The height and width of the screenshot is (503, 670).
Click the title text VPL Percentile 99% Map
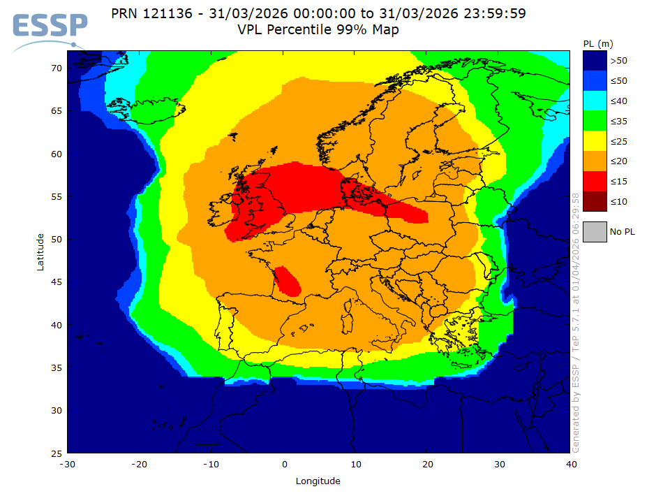click(318, 30)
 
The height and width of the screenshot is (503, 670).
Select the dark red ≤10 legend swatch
click(595, 202)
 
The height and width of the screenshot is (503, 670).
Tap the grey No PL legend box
click(595, 231)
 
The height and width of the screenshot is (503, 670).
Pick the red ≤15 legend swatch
click(595, 182)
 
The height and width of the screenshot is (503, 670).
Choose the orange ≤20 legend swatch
click(595, 161)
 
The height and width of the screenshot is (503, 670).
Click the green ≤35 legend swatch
click(595, 122)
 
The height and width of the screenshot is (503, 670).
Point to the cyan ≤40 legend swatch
click(595, 101)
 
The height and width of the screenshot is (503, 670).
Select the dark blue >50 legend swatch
click(595, 61)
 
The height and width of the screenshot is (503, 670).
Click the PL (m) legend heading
click(597, 44)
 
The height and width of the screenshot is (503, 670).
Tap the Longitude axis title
click(318, 481)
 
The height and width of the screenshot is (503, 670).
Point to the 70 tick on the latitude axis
click(57, 68)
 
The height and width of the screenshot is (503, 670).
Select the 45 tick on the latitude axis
click(57, 282)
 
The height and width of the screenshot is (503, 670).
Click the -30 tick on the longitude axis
click(68, 464)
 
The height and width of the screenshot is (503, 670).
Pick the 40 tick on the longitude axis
click(571, 464)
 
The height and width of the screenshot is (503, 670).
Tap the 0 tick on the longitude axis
click(284, 464)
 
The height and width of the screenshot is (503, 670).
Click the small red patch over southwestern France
click(288, 281)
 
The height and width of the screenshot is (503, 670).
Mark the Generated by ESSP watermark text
click(576, 321)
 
